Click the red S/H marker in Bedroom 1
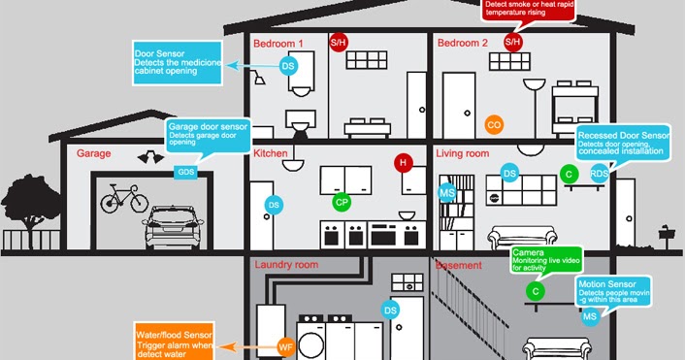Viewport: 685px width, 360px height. (x=339, y=42)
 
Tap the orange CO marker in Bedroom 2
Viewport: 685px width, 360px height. (x=494, y=125)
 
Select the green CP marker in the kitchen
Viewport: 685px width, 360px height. (x=341, y=202)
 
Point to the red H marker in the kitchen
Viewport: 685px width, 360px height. (x=403, y=163)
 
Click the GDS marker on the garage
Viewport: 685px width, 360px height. (x=184, y=172)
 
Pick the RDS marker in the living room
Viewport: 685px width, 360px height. (x=600, y=174)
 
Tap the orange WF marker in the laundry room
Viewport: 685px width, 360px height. (x=286, y=345)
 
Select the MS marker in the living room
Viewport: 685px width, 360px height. (x=447, y=193)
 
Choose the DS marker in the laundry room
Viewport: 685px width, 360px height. (x=391, y=310)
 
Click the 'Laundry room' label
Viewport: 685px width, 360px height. (x=286, y=264)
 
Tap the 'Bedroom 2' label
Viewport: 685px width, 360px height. (x=464, y=44)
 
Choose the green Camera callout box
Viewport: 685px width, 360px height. (x=548, y=259)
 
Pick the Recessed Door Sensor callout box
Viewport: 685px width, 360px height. (x=622, y=143)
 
